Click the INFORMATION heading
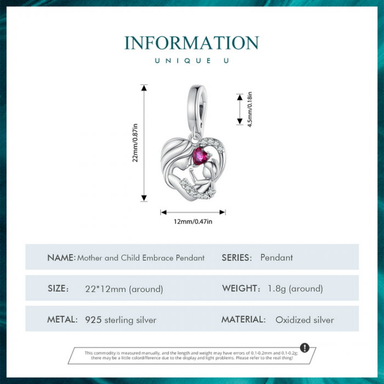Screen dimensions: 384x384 pos(191,43)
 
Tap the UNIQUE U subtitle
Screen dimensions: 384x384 pos(191,60)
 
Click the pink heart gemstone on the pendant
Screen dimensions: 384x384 pos(198,157)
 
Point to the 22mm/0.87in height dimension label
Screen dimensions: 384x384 pos(135,143)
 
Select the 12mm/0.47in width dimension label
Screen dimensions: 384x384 pos(193,222)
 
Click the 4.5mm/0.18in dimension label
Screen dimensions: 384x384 pos(250,109)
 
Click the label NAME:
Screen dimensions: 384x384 pos(61,257)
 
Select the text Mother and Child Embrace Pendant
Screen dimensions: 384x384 pos(141,258)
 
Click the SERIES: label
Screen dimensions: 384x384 pos(236,257)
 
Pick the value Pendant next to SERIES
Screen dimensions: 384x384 pos(276,257)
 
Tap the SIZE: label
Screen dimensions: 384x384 pos(58,289)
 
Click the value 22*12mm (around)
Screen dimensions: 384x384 pos(124,289)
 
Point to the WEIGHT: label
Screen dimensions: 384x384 pos(241,288)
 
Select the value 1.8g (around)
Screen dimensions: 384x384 pos(296,289)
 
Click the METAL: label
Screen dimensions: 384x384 pos(63,319)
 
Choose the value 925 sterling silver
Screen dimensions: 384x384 pos(121,320)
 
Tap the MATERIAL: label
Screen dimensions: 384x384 pos(244,319)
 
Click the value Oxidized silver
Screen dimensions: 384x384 pos(304,320)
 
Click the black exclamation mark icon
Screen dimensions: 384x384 pos(305,348)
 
